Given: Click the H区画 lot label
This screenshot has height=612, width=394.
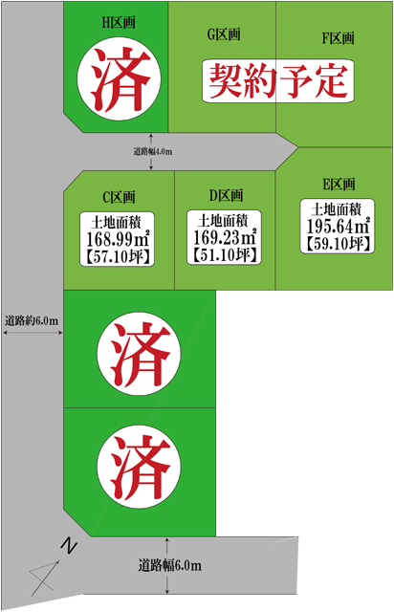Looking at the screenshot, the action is click(119, 23).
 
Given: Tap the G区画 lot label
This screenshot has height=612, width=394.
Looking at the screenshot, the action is click(224, 34).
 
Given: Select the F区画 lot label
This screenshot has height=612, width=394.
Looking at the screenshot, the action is click(339, 38).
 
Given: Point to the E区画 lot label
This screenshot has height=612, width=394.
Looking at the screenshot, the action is click(339, 184).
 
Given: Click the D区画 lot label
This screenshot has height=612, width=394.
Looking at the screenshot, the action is click(226, 195).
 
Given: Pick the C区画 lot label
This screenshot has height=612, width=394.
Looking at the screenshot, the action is click(119, 197).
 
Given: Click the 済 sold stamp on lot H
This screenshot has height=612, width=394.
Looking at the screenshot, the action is click(119, 79).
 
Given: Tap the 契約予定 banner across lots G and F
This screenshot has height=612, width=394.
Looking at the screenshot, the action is click(278, 81).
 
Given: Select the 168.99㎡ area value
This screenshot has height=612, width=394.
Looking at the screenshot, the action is click(117, 239).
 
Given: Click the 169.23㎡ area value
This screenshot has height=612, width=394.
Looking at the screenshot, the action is click(225, 237).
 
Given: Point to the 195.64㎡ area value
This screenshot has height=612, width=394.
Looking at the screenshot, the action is click(338, 226).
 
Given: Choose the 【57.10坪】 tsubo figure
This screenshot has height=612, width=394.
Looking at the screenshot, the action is click(117, 257).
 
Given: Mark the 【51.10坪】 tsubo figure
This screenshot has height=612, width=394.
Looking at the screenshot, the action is click(225, 255).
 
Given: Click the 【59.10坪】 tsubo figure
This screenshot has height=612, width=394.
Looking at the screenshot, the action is click(338, 244).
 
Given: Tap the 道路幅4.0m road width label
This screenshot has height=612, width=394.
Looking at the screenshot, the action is click(153, 151).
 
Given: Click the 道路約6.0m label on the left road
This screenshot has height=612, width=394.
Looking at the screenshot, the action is click(32, 321).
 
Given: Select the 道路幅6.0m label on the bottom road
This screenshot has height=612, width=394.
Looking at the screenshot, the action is click(170, 565).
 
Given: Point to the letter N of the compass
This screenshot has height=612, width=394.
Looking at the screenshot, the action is click(69, 546).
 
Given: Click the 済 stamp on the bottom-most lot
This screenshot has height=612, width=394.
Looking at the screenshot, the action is click(139, 467).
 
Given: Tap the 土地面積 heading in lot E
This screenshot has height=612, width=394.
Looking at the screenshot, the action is click(336, 210).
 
